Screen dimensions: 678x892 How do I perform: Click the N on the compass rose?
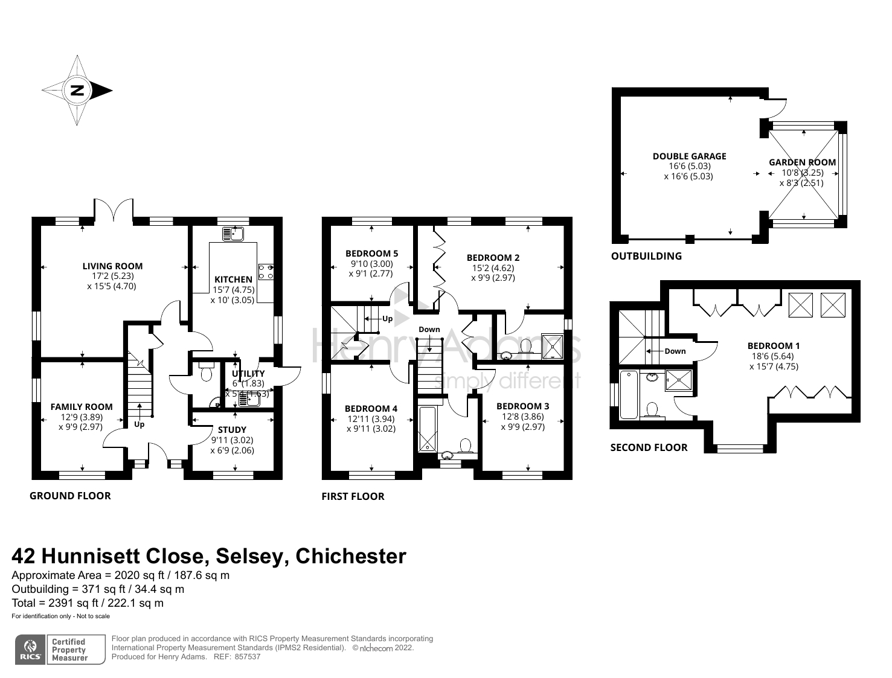(x=77, y=91)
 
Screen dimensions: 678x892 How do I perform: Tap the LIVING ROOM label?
(x=112, y=266)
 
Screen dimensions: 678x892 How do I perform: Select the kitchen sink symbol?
(x=233, y=233)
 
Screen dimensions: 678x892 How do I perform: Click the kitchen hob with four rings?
(x=266, y=272)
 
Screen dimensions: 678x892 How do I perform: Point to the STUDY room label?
(x=232, y=430)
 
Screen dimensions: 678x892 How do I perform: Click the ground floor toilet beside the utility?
(x=206, y=373)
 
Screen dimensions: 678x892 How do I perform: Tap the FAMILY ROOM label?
(x=82, y=406)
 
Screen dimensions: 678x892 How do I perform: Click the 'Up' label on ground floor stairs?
(x=140, y=424)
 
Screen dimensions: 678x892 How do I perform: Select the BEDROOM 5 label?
(x=371, y=254)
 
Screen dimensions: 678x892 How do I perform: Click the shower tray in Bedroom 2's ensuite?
(x=552, y=347)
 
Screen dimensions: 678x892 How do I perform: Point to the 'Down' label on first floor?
(x=429, y=329)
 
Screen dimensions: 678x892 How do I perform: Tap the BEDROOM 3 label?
(x=522, y=406)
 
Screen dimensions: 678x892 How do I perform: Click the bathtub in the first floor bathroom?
(x=427, y=430)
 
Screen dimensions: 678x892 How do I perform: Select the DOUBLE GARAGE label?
(x=689, y=156)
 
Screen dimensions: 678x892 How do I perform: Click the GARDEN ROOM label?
(x=802, y=162)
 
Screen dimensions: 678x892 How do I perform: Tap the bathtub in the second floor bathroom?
(x=629, y=395)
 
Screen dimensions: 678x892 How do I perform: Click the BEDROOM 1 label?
(x=773, y=346)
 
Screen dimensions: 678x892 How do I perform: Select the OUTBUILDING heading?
(x=646, y=256)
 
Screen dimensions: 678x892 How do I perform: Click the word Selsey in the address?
(x=251, y=555)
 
